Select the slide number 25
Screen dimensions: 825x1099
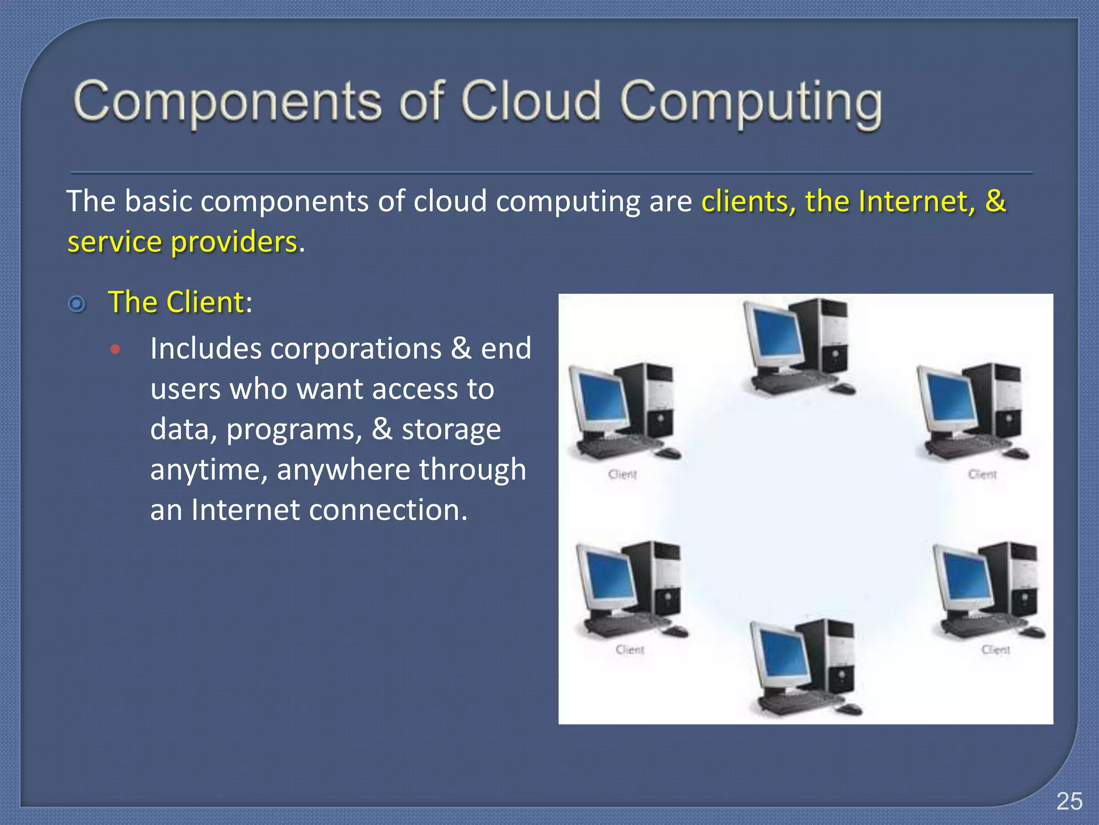tap(1069, 801)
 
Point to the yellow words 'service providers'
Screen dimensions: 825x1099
tap(182, 242)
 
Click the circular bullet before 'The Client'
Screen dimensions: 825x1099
tap(77, 304)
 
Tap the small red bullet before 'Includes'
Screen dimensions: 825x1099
tap(115, 350)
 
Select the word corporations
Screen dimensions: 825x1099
tap(356, 349)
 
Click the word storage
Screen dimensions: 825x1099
tap(451, 429)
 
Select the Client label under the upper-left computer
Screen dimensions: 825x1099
tap(622, 474)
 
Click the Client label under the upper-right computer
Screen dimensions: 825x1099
tap(982, 474)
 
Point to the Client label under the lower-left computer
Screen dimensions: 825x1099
tap(629, 650)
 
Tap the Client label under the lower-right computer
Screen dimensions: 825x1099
tap(995, 650)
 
